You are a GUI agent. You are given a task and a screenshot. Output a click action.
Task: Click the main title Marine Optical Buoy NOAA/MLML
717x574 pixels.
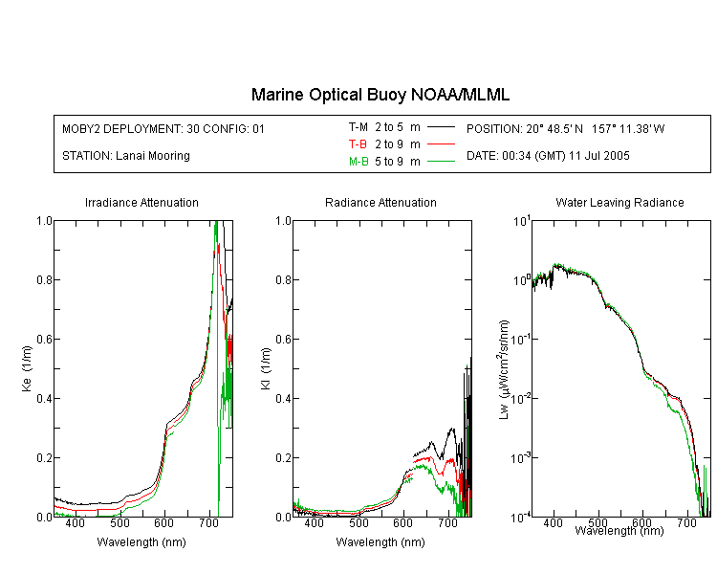click(380, 95)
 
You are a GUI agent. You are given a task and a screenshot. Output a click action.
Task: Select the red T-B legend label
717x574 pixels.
click(358, 144)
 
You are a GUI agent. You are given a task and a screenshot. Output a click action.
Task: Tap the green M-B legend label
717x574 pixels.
click(358, 162)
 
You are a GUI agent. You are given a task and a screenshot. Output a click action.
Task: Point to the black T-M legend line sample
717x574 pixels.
click(441, 127)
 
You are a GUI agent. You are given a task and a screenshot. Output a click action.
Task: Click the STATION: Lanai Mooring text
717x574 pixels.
click(126, 156)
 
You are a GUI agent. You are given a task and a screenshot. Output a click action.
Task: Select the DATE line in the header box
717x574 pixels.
click(548, 156)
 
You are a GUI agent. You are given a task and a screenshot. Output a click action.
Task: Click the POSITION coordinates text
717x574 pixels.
click(565, 129)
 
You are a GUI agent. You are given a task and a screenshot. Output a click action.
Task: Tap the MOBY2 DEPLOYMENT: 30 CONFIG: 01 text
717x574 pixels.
click(163, 129)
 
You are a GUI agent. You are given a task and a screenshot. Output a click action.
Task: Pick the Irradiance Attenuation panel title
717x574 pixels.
click(141, 202)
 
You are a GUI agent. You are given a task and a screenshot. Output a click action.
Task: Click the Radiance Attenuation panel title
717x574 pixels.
click(380, 202)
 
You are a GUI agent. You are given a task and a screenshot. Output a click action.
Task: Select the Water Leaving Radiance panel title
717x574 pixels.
click(619, 202)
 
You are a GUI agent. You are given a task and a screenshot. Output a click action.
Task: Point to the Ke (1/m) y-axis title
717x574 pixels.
click(27, 369)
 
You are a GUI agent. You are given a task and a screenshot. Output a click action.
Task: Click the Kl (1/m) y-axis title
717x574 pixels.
click(266, 369)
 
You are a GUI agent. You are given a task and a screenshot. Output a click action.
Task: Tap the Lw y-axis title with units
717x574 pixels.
click(503, 369)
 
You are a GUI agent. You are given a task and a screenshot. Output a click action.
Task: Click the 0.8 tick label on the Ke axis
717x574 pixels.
click(44, 279)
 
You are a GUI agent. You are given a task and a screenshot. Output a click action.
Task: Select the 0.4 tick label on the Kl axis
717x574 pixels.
click(283, 398)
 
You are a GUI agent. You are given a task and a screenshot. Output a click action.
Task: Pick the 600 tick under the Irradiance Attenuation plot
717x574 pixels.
click(164, 522)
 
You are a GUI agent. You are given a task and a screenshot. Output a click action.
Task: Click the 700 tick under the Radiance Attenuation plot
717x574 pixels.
click(447, 522)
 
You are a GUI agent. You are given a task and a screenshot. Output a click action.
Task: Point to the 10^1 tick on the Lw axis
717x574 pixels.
click(521, 222)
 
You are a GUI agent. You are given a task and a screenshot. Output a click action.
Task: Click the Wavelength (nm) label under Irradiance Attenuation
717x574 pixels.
click(141, 542)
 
